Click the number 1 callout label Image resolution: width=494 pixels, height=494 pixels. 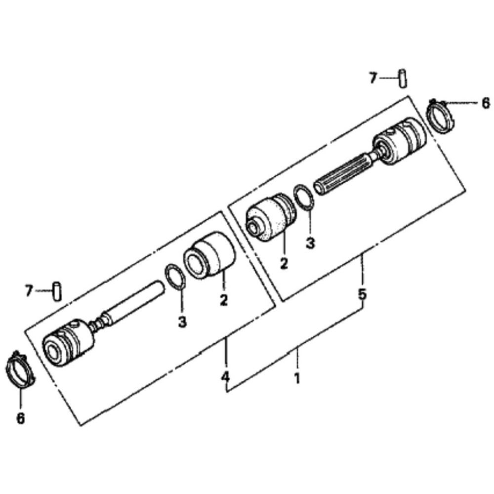pos(297,379)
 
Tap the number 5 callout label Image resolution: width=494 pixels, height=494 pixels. pos(362,294)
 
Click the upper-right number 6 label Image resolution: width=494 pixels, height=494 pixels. pos(485,103)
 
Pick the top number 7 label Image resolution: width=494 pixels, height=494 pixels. pos(373,78)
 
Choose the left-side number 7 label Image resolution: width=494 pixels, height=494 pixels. pos(29,290)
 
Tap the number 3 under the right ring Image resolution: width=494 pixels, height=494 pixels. pos(310,243)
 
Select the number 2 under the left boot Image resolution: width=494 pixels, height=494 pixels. pos(224,300)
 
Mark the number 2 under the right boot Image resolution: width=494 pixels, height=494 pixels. pos(284,263)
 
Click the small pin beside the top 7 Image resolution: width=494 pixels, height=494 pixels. pos(403,78)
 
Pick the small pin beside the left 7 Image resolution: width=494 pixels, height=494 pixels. pos(58,290)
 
